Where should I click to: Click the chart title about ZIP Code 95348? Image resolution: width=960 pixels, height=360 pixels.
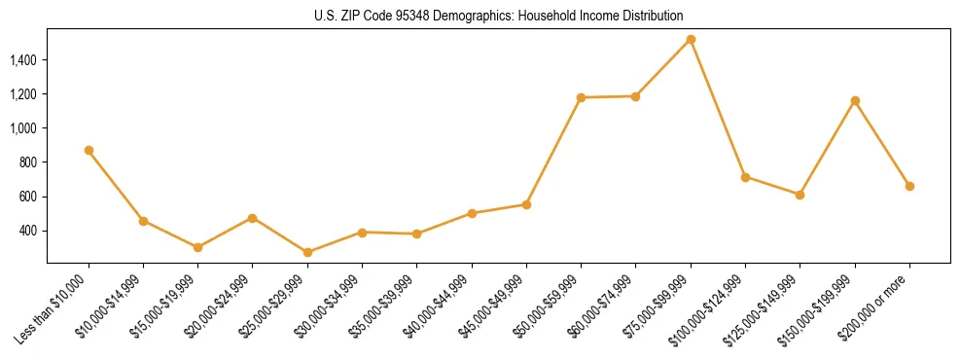click(x=498, y=16)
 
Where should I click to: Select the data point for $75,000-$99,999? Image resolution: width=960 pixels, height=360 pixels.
click(x=691, y=40)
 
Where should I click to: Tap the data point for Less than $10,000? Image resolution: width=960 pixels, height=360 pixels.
click(x=89, y=151)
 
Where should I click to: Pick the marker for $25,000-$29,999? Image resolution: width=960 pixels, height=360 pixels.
click(x=307, y=252)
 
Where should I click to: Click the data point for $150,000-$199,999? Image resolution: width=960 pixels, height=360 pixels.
click(x=855, y=100)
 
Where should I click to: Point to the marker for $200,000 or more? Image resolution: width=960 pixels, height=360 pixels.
click(x=909, y=186)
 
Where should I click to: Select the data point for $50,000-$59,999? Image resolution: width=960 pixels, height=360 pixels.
click(x=581, y=97)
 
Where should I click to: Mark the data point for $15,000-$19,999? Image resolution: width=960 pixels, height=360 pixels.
click(x=197, y=247)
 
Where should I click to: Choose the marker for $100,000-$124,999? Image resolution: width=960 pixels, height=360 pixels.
click(x=745, y=177)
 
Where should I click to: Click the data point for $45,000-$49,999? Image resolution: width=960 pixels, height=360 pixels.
click(x=526, y=204)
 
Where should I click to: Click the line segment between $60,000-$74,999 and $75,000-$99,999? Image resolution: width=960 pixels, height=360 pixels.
click(x=663, y=68)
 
